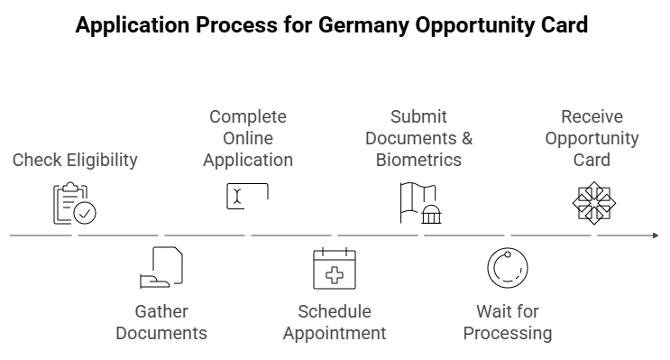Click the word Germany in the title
363,25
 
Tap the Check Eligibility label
75,160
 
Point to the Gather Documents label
161,322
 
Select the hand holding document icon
161,267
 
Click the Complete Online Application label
248,138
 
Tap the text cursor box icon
247,197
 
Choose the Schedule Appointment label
335,322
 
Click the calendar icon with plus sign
335,268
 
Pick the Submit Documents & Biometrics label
418,138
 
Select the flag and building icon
420,203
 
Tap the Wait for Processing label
507,322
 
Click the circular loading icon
507,268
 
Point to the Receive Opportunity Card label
592,138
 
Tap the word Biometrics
418,160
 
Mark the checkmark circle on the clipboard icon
86,213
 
